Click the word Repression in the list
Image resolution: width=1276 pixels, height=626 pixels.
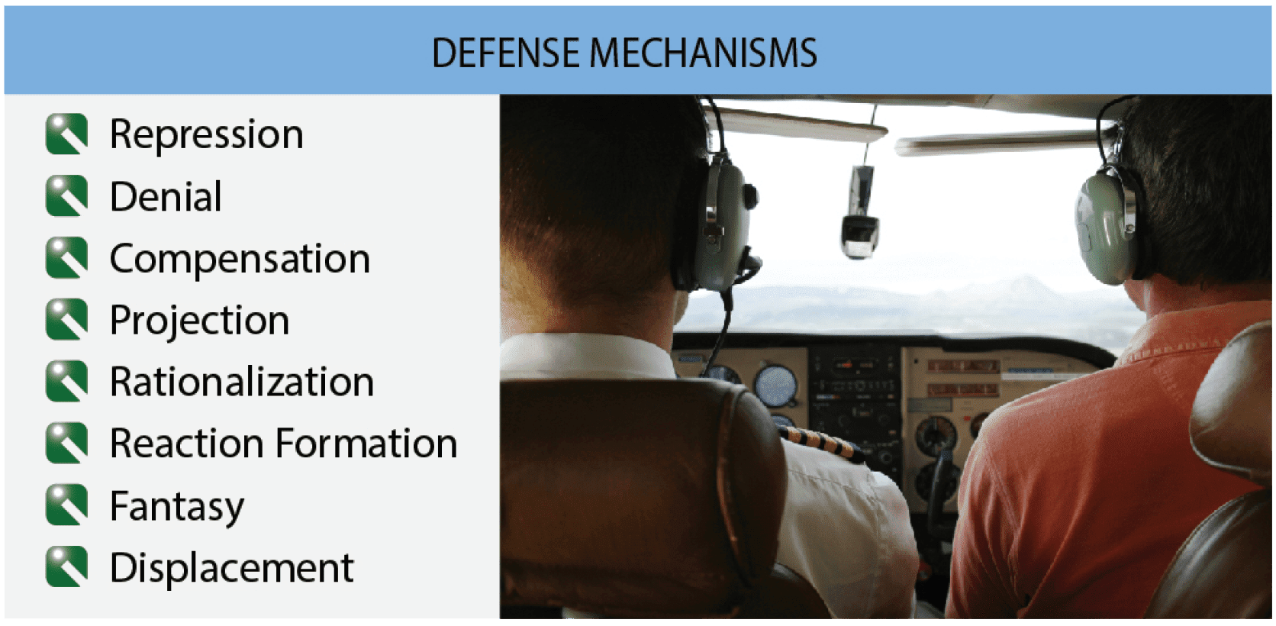tap(206, 134)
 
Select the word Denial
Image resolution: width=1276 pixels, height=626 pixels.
tap(166, 197)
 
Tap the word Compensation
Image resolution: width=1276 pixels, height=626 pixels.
tap(240, 259)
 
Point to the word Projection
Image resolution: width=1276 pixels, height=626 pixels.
tap(199, 321)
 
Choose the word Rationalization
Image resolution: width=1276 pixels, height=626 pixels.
tap(242, 382)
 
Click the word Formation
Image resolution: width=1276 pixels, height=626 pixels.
tap(366, 444)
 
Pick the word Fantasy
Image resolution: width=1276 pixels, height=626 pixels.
tap(177, 506)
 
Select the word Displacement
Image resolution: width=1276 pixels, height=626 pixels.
tap(231, 568)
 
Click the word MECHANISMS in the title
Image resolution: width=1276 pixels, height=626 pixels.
tap(703, 53)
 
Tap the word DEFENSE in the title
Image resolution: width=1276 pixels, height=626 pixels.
tap(505, 53)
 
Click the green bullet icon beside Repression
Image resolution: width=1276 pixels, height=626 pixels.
tap(66, 134)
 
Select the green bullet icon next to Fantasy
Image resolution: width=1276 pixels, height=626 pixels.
tap(66, 505)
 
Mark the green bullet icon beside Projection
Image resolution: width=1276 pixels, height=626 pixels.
tap(66, 320)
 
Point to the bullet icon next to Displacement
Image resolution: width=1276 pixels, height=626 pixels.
tap(66, 567)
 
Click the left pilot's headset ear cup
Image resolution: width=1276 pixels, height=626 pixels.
tap(717, 221)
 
